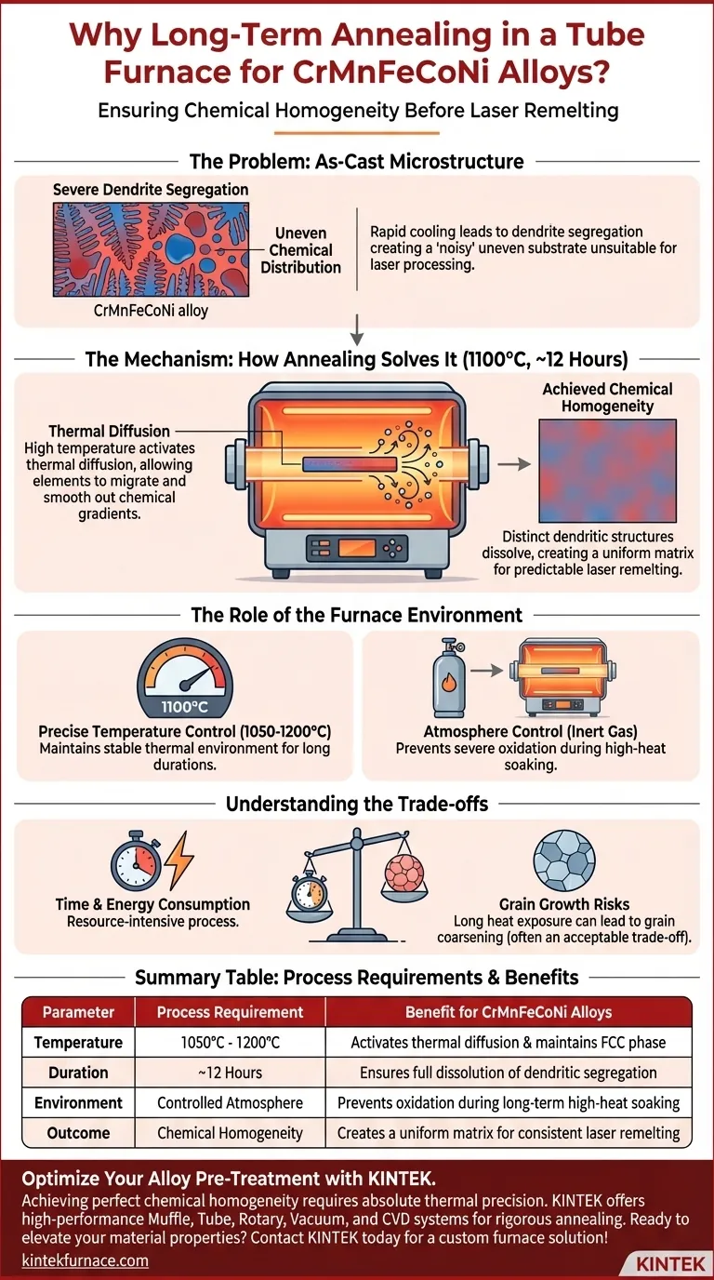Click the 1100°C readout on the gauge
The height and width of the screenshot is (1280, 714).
point(184,707)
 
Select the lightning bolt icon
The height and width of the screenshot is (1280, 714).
point(179,859)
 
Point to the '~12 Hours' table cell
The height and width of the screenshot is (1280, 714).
point(231,1073)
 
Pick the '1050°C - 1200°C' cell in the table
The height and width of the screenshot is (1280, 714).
point(231,1042)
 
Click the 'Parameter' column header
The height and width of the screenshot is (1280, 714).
point(78,1012)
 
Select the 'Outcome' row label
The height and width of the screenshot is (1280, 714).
point(78,1133)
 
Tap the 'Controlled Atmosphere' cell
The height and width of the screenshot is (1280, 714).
point(231,1103)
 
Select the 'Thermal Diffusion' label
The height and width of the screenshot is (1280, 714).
point(109,431)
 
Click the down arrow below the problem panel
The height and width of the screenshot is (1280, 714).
point(356,329)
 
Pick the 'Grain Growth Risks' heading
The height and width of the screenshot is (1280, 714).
point(564,904)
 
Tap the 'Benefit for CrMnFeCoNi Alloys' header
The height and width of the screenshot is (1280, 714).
point(509,1012)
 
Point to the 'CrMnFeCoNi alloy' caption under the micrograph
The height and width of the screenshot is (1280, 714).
point(151,311)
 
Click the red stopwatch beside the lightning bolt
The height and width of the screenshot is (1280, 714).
point(136,860)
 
